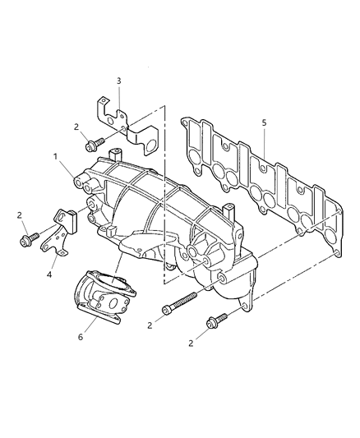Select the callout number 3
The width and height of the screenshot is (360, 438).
click(x=118, y=81)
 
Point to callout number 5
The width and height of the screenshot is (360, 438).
click(x=264, y=122)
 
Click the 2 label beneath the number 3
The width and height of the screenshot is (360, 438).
click(x=76, y=127)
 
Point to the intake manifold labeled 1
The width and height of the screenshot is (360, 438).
click(x=164, y=205)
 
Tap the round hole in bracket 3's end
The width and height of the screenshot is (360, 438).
click(x=150, y=145)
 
